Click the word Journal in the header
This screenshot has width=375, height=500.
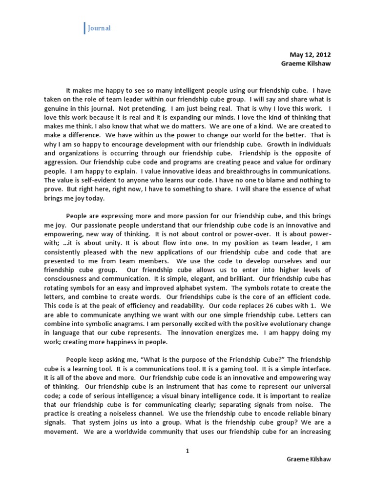pyautogui.click(x=99, y=28)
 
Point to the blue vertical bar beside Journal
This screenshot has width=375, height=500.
pyautogui.click(x=84, y=28)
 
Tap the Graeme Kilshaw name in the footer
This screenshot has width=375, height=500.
pyautogui.click(x=308, y=460)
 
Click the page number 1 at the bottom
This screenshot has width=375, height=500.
pyautogui.click(x=187, y=451)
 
